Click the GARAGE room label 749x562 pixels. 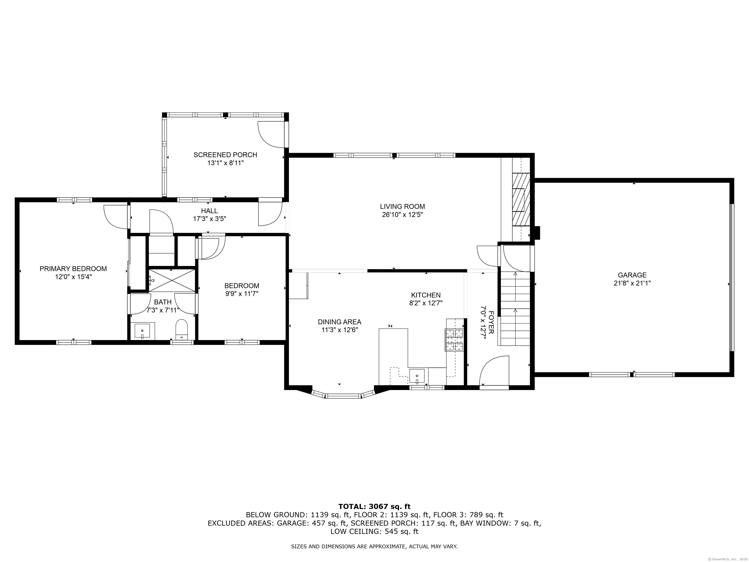coord(632,275)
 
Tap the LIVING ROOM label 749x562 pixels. coord(402,206)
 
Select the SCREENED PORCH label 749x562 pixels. coord(225,155)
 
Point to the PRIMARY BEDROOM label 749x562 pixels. coord(73,269)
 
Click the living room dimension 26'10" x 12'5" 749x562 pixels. coord(402,214)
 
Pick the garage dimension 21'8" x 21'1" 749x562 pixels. coord(632,283)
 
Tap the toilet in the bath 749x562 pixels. coord(182,329)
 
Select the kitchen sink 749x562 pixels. coord(417,376)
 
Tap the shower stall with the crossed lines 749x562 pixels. coord(172,281)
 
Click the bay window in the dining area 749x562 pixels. coord(343,395)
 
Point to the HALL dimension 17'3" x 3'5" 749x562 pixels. coord(210,219)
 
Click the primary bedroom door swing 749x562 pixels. coord(115,217)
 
